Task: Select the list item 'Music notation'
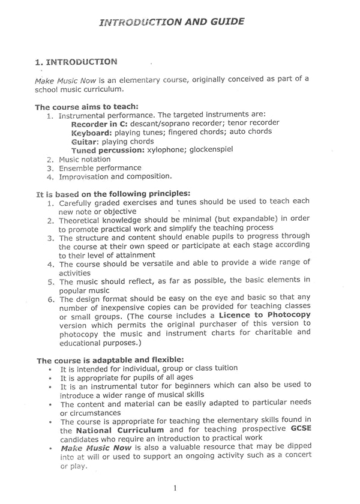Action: tap(84, 159)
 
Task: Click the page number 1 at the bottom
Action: tap(175, 489)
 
